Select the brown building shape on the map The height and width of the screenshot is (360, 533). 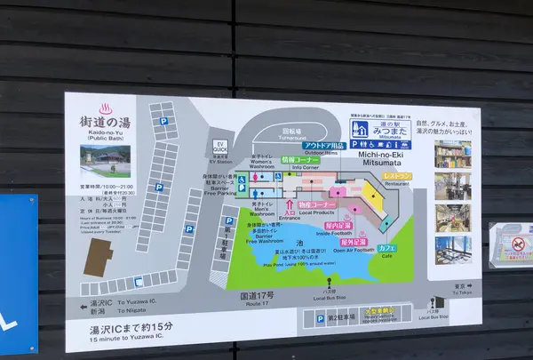tap(100, 258)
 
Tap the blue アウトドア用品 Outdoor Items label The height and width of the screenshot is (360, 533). tap(322, 145)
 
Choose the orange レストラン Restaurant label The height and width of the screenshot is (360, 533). tap(396, 177)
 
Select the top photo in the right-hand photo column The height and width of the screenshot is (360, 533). tap(453, 155)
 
